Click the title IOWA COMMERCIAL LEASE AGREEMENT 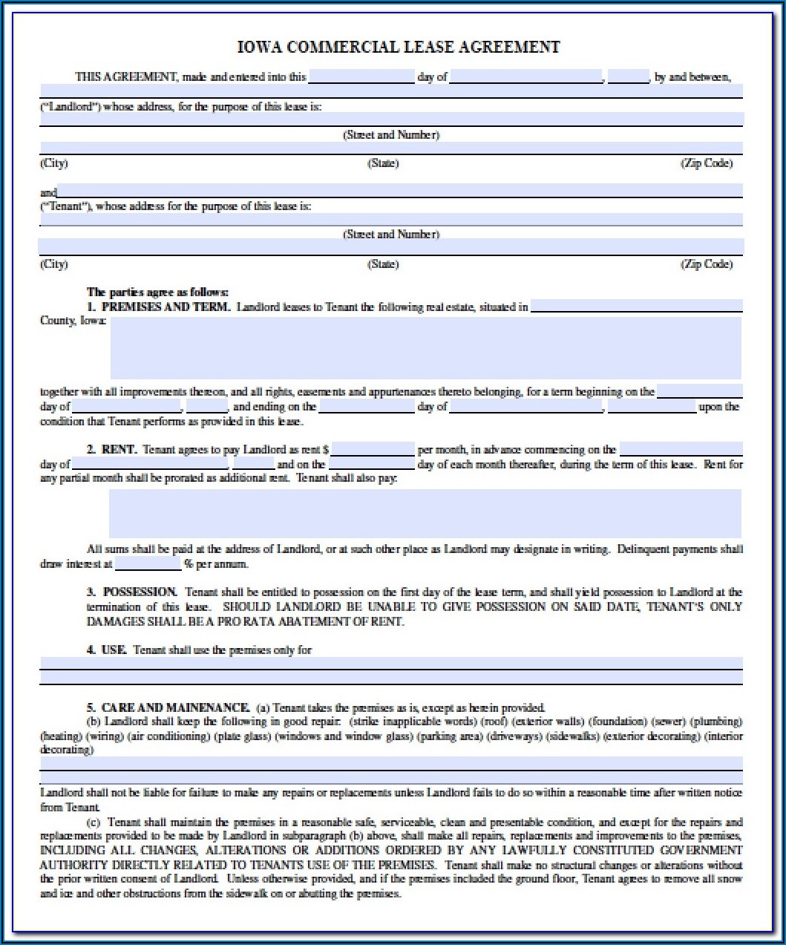click(398, 48)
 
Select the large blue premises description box click(425, 348)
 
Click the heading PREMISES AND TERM click(166, 307)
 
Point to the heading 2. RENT click(111, 449)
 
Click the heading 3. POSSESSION click(132, 592)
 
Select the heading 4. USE click(106, 650)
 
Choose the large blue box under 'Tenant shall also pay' click(425, 513)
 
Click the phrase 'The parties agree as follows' click(157, 292)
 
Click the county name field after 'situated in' click(636, 307)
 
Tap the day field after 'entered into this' click(361, 76)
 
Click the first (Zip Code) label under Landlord click(706, 163)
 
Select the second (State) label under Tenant click(383, 264)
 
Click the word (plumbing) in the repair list click(716, 721)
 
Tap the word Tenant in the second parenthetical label click(65, 206)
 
